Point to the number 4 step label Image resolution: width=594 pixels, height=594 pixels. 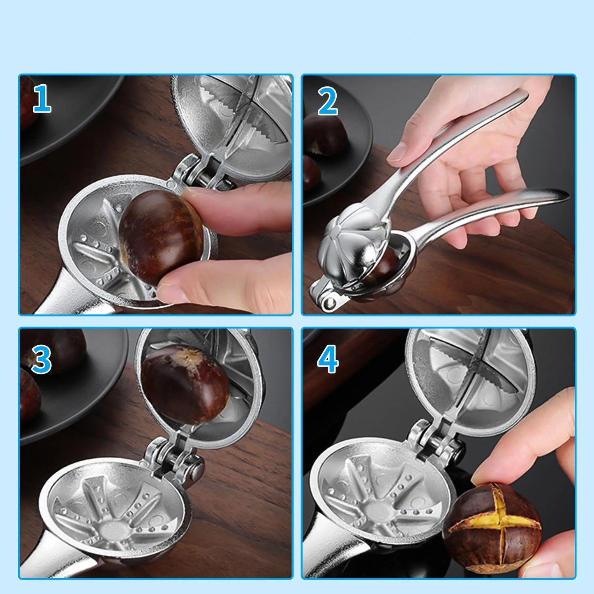coord(328,359)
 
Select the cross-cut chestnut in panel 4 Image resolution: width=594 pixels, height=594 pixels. coord(492,520)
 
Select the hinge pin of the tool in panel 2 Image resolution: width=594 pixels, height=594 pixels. coord(328,304)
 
